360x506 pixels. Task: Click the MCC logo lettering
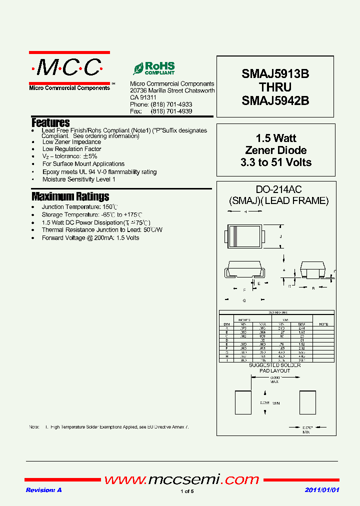click(x=69, y=67)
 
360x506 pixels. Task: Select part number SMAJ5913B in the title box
click(x=275, y=74)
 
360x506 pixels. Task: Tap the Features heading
click(x=50, y=122)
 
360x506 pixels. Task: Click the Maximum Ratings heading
click(x=70, y=196)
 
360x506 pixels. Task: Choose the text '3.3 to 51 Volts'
click(x=275, y=162)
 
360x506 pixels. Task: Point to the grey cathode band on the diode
click(x=234, y=236)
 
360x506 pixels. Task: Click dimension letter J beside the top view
click(x=281, y=236)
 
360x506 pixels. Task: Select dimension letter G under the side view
click(x=244, y=300)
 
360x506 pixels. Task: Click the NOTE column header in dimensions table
click(x=323, y=323)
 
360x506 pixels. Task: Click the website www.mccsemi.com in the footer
click(x=181, y=480)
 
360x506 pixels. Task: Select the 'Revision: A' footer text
click(x=43, y=490)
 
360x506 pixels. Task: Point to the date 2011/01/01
click(x=322, y=490)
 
